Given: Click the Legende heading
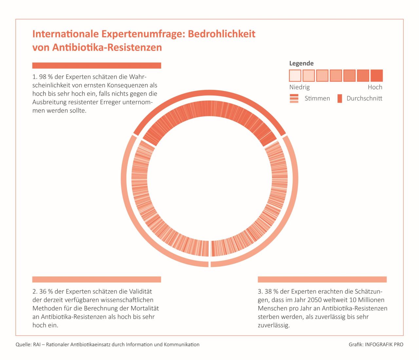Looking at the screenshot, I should [301, 63].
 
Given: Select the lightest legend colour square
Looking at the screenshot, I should [295, 76].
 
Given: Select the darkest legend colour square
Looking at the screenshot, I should [376, 76].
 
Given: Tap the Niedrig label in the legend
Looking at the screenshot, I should [299, 87].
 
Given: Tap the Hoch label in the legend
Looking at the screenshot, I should [375, 87].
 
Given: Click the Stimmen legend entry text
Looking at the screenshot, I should [317, 98].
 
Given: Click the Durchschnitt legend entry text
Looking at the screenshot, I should [364, 98].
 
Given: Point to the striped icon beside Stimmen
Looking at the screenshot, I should [294, 98].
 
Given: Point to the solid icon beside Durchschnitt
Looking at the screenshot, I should [340, 98].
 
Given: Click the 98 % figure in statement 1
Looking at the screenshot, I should [46, 77].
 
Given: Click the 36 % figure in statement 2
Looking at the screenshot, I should [46, 291].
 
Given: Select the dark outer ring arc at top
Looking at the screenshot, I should [209, 93].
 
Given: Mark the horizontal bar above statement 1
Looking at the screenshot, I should [97, 65].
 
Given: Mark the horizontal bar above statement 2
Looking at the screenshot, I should [97, 279].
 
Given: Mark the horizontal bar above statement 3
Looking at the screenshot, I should [322, 279].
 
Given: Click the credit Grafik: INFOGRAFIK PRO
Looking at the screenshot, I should [376, 344].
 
